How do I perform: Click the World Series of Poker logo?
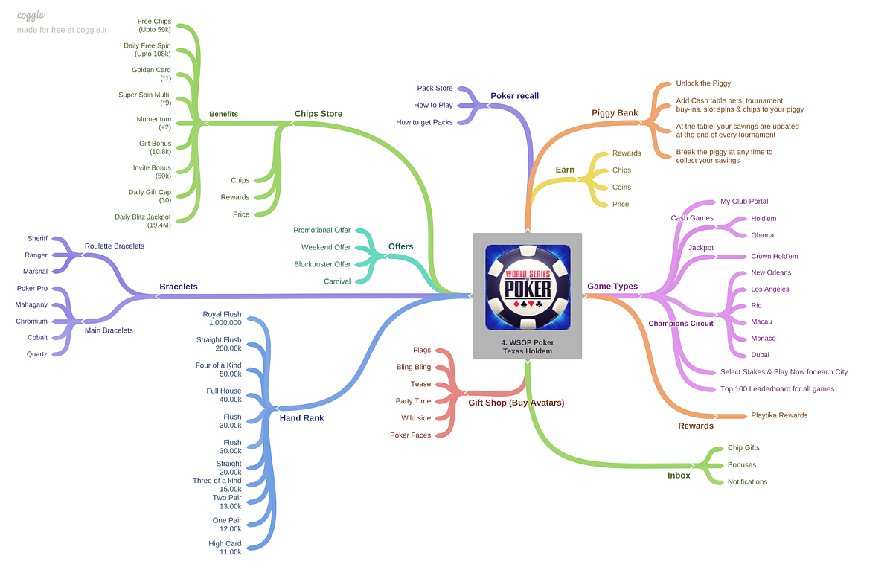tap(528, 287)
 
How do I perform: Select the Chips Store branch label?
tap(318, 114)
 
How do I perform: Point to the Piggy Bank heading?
tap(615, 113)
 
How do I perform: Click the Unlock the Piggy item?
tap(703, 83)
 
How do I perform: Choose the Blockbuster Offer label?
tap(322, 264)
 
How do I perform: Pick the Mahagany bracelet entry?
tap(31, 304)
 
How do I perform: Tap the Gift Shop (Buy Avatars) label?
tap(516, 403)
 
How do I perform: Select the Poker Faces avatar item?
tap(410, 435)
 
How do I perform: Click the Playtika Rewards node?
tap(779, 415)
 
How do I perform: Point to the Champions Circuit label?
tap(680, 324)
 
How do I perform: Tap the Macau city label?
tap(761, 321)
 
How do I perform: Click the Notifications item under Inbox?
tap(747, 481)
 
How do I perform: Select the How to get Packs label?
tap(424, 122)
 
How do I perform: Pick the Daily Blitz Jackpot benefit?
tap(143, 220)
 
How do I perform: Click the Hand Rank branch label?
tap(301, 418)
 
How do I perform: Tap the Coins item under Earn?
tap(621, 188)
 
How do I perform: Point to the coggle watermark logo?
tap(32, 15)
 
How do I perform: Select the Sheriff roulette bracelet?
tap(37, 238)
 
